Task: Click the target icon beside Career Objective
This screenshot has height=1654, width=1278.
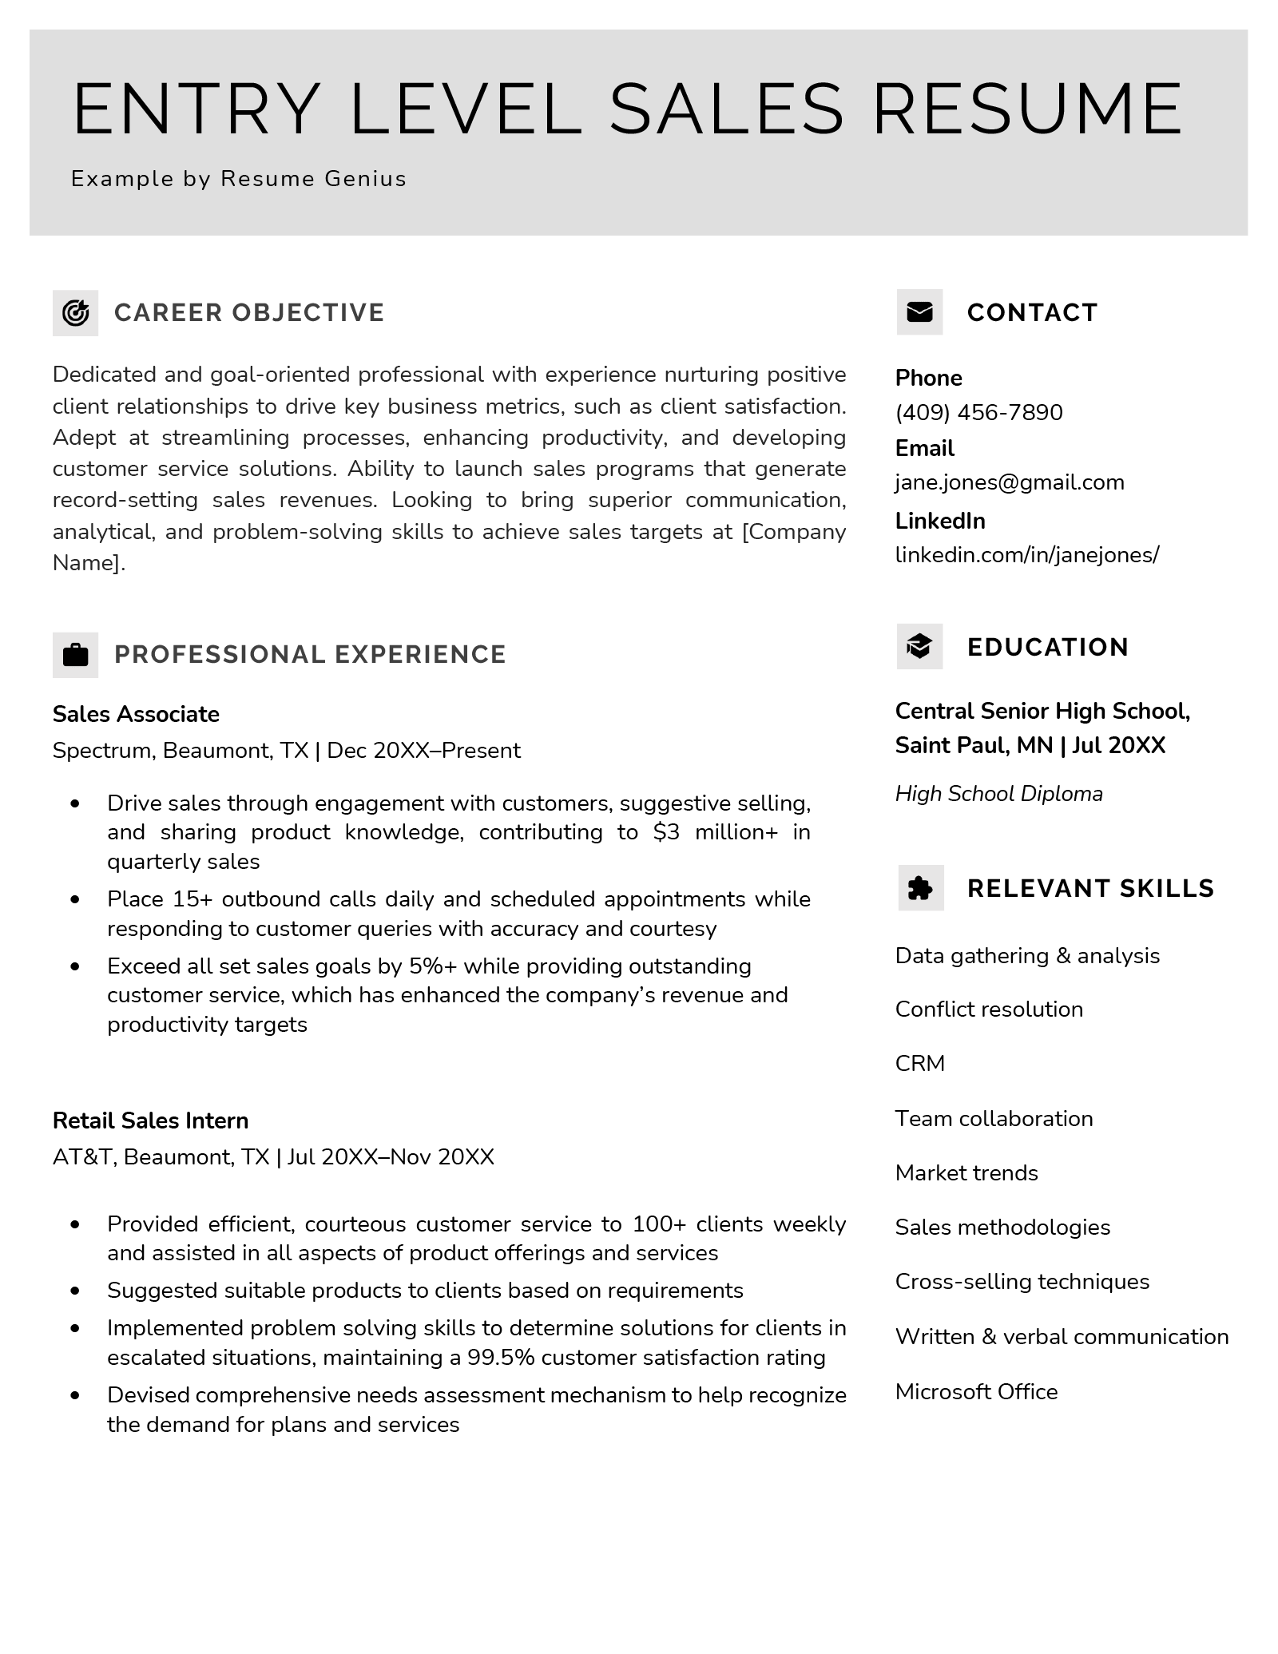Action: [x=75, y=313]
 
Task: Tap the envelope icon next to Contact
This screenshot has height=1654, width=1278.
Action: [x=919, y=312]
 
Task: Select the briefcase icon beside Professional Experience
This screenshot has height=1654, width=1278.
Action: [x=75, y=655]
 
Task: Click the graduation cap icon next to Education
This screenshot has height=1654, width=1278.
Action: [x=919, y=646]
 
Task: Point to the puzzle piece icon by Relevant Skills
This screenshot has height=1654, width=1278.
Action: [x=920, y=888]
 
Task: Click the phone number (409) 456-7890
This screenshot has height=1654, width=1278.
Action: [x=978, y=413]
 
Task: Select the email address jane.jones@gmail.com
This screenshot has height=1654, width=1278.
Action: [x=1009, y=482]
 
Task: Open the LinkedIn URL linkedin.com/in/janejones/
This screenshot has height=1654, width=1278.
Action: [x=1026, y=554]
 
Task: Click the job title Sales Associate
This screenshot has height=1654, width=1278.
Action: [x=136, y=714]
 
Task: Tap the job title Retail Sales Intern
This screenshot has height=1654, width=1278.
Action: [x=150, y=1121]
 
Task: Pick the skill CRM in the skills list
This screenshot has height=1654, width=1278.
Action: [x=919, y=1064]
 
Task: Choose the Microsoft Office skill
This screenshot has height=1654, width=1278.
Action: [x=976, y=1391]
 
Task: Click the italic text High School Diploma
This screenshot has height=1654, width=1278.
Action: [x=998, y=794]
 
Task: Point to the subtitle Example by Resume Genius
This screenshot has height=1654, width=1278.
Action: [x=239, y=179]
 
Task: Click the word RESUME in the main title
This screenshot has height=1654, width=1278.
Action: [x=1027, y=109]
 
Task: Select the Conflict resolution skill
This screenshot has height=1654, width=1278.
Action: [x=989, y=1009]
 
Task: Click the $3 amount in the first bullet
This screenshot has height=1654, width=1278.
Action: [x=666, y=832]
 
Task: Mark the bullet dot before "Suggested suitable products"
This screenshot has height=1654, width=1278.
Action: [x=76, y=1291]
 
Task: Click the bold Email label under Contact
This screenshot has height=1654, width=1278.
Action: [x=924, y=448]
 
